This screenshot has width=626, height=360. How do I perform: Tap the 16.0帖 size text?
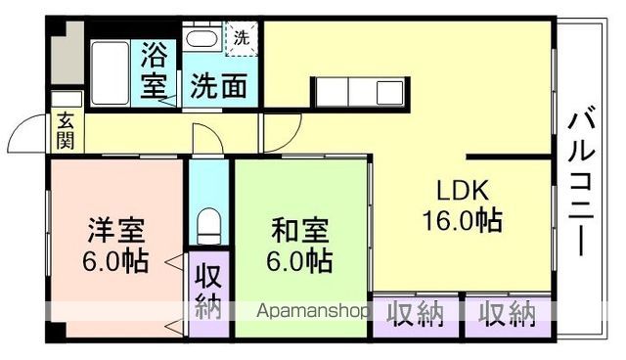click(x=461, y=220)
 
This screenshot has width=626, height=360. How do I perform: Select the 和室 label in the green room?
click(x=299, y=233)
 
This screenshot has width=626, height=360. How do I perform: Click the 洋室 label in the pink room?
click(x=115, y=233)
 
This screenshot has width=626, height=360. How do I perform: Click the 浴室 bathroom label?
click(x=155, y=68)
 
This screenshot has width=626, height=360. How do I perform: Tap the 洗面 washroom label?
click(x=217, y=86)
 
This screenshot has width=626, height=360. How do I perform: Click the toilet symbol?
click(x=206, y=227)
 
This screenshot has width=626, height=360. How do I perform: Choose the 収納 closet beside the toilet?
click(x=206, y=291)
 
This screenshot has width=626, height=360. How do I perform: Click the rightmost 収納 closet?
click(x=507, y=314)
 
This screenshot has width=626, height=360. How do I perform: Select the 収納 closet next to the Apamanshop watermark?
click(x=416, y=314)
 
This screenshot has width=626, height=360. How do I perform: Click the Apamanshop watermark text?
click(x=312, y=312)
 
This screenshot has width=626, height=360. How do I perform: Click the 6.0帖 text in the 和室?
click(x=300, y=262)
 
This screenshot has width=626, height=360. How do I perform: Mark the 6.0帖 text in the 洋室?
click(x=115, y=262)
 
